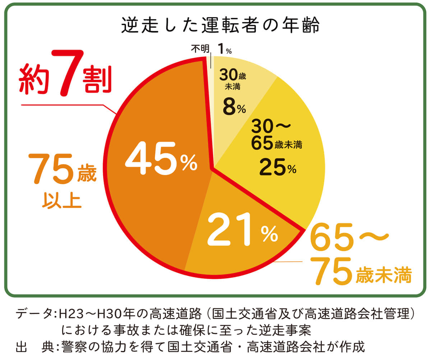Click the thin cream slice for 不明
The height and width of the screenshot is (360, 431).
[211, 108]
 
